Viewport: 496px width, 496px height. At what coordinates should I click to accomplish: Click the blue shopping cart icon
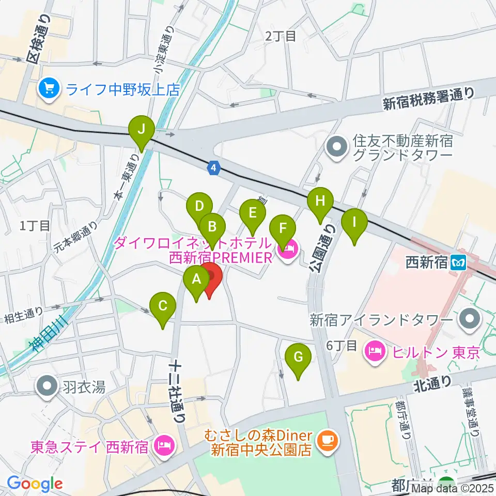(50, 89)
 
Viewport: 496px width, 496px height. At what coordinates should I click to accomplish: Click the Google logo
(35, 484)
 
